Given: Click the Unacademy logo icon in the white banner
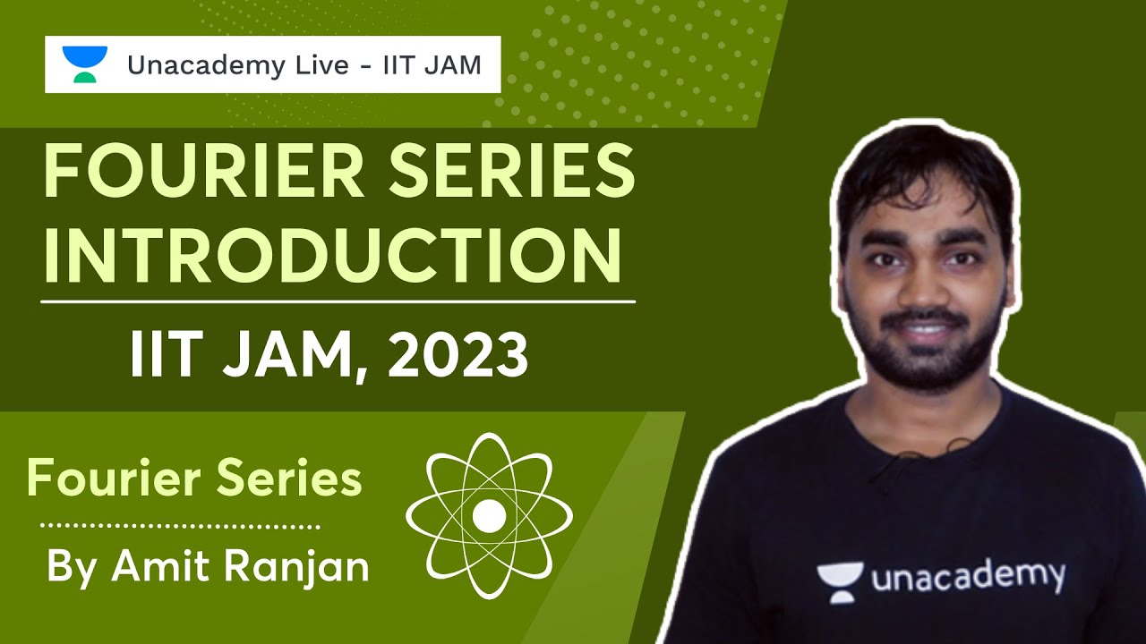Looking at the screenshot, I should [x=84, y=64].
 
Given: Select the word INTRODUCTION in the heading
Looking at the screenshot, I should [x=332, y=254].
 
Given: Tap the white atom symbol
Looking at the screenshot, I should [x=489, y=515].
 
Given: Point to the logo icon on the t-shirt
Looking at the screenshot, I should [x=839, y=582].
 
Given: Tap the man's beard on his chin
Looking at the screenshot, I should [x=926, y=367].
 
